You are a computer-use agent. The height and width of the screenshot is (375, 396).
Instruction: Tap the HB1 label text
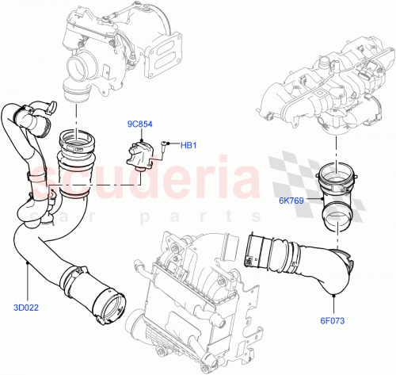click(x=188, y=145)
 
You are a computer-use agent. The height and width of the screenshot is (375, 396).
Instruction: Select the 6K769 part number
click(x=292, y=201)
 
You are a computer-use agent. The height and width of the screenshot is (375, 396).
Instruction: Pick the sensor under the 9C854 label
click(x=141, y=152)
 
